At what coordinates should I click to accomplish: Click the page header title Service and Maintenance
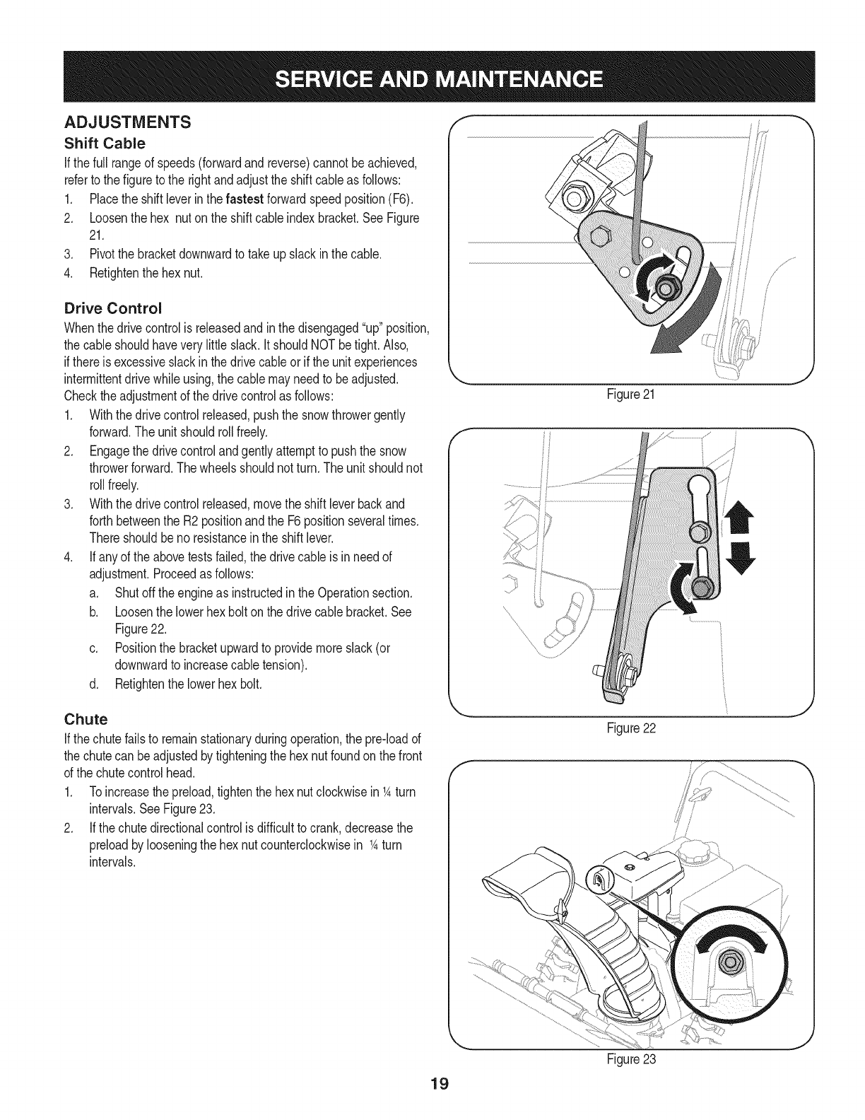click(x=432, y=78)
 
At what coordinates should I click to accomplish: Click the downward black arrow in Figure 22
click(x=736, y=556)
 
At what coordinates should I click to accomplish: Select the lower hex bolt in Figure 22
click(x=703, y=587)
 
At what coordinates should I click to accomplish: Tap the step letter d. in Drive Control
click(x=94, y=684)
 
